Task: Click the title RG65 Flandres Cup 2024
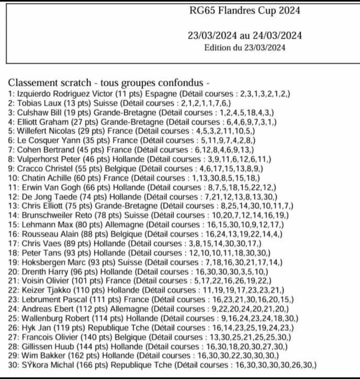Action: (245, 10)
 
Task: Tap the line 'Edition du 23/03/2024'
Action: (245, 48)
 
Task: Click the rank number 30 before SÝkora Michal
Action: (13, 365)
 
